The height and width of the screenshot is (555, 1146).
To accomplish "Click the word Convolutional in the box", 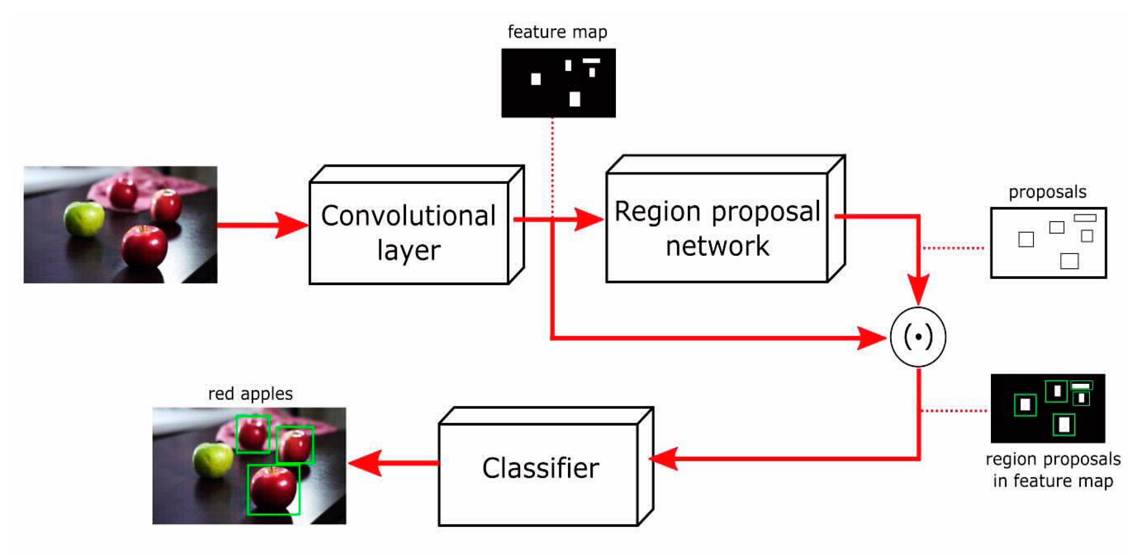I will tap(408, 216).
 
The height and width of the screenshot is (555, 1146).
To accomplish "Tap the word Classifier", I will tap(540, 468).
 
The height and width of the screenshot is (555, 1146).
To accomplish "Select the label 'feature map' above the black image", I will tap(557, 32).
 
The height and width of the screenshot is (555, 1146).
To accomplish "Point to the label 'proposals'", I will tap(1047, 192).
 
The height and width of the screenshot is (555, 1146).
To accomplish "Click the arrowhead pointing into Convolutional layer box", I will tap(291, 225).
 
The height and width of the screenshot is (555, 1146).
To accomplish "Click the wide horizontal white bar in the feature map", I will tap(591, 61).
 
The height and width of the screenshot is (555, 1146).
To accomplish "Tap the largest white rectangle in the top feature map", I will tap(575, 99).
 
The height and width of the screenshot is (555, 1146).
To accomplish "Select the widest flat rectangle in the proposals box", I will tap(1084, 218).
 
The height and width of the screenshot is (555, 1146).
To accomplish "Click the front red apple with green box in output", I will tap(273, 489).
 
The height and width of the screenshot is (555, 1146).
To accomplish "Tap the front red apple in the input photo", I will tap(144, 246).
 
